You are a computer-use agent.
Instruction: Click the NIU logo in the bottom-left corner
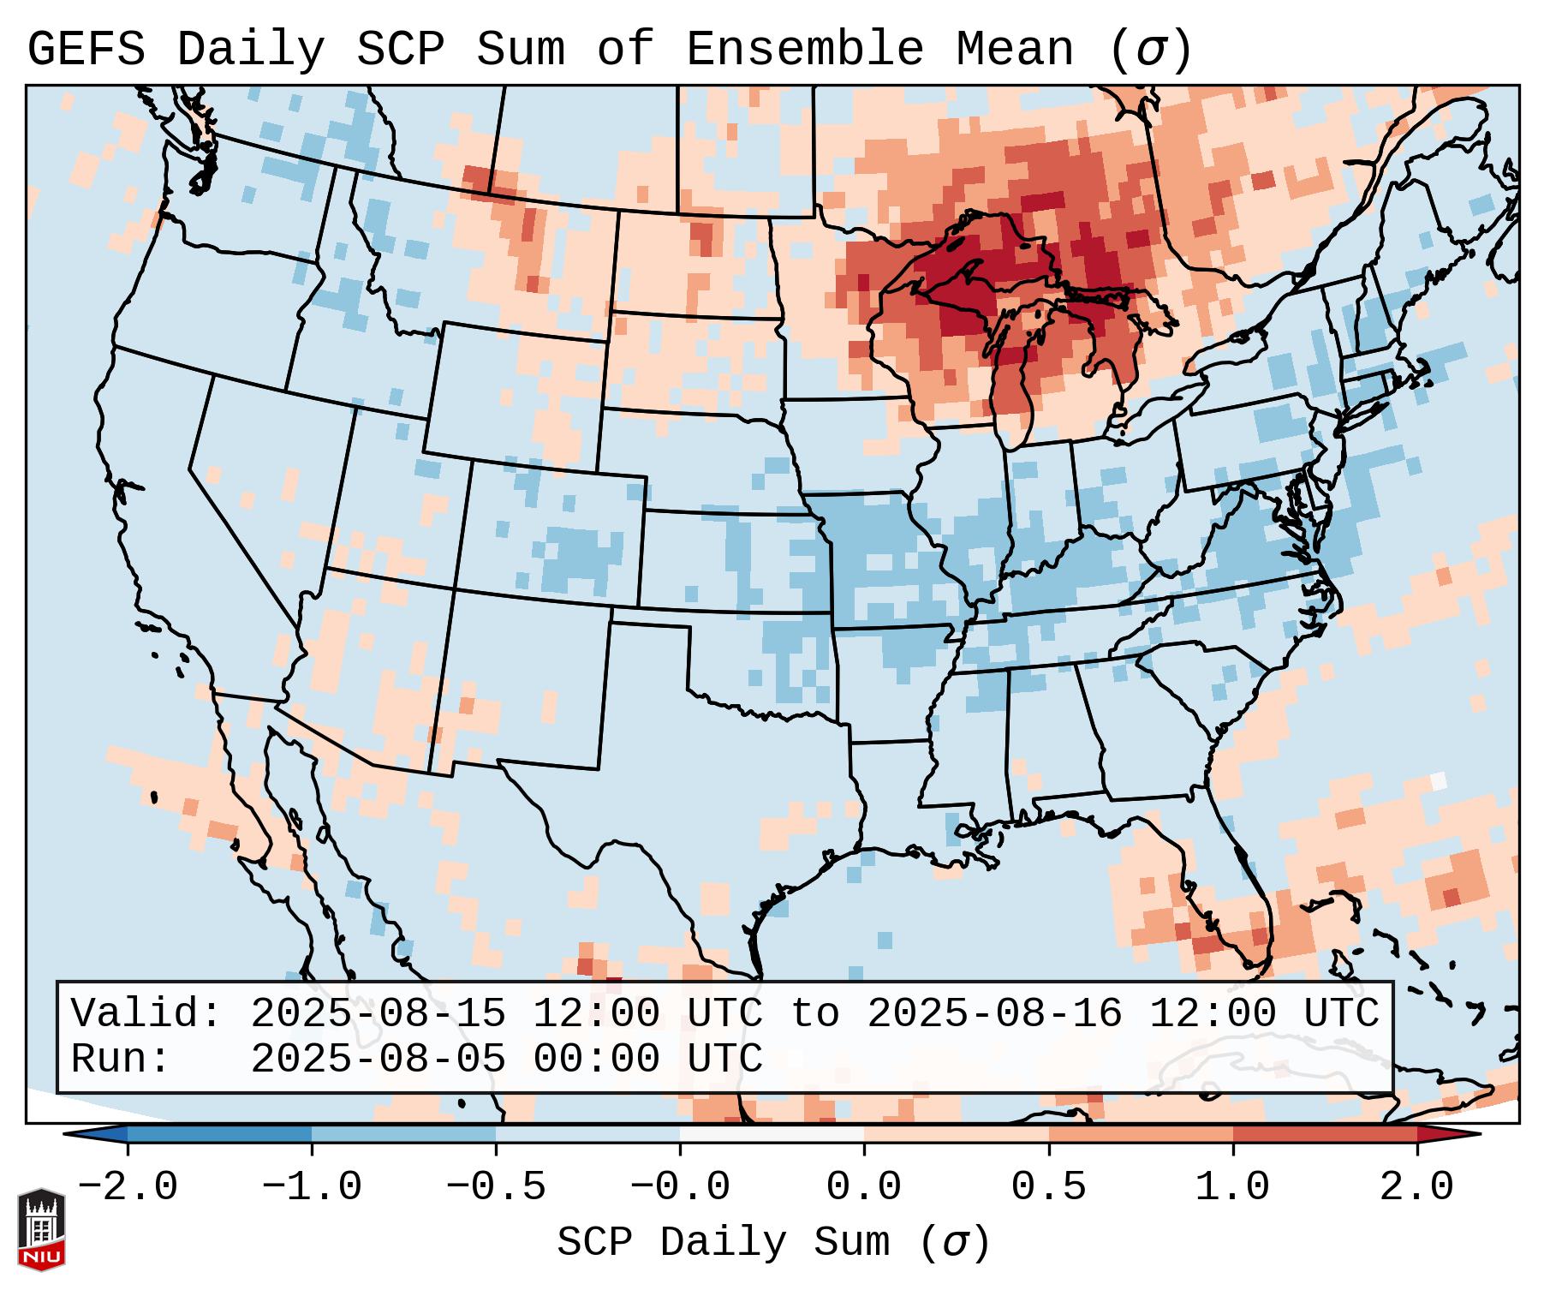pos(41,1228)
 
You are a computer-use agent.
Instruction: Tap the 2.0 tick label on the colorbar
pos(1416,1187)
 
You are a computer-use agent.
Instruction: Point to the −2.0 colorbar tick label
pos(128,1187)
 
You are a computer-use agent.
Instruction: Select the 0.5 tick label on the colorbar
pos(1048,1187)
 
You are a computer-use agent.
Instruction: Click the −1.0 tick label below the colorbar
pos(312,1187)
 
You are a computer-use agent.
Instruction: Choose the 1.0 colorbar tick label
pos(1232,1187)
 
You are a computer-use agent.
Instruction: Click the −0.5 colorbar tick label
pos(496,1187)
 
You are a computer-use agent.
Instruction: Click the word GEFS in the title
pos(86,50)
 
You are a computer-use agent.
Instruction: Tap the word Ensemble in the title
pos(804,50)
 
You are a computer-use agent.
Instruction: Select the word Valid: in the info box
pos(146,1013)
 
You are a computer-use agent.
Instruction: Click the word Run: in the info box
pos(121,1059)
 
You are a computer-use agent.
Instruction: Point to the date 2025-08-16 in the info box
pos(994,1013)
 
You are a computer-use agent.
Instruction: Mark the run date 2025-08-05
pos(378,1059)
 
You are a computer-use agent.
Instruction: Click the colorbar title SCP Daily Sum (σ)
pos(773,1243)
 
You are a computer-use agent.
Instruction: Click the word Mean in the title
pos(1014,50)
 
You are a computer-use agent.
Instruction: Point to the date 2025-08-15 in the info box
pos(378,1013)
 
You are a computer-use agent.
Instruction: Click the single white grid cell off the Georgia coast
pos(1439,780)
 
